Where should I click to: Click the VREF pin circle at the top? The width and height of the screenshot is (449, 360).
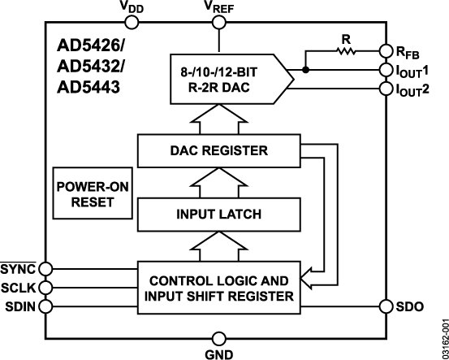coord(218,24)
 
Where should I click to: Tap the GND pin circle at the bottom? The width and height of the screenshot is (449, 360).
coord(218,337)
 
